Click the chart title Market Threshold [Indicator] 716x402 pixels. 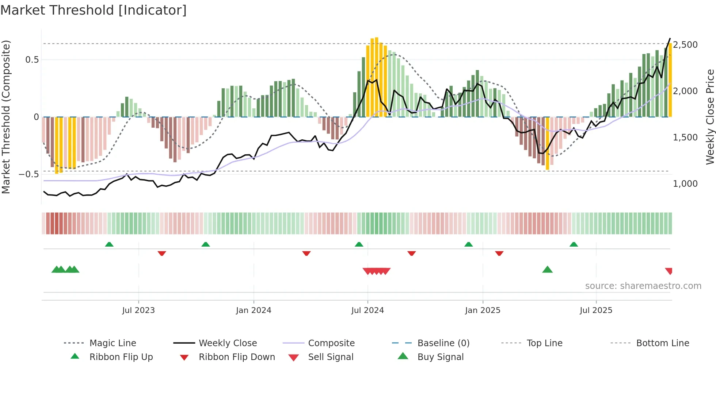tap(94, 10)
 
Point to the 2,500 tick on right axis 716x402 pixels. tap(685, 45)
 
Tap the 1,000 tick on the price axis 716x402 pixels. tap(685, 184)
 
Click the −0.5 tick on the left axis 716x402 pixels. tap(28, 174)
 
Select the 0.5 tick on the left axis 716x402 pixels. tap(32, 60)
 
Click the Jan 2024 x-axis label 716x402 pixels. tap(254, 310)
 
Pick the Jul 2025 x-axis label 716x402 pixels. tap(596, 310)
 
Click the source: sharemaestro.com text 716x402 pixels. tap(643, 286)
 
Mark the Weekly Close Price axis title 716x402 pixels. tap(710, 117)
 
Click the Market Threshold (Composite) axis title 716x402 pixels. tap(6, 117)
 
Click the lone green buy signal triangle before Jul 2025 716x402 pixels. tap(547, 270)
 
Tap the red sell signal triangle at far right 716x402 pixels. tap(669, 271)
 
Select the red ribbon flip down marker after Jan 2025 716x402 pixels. tap(499, 253)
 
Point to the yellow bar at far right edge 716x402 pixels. tap(670, 80)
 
